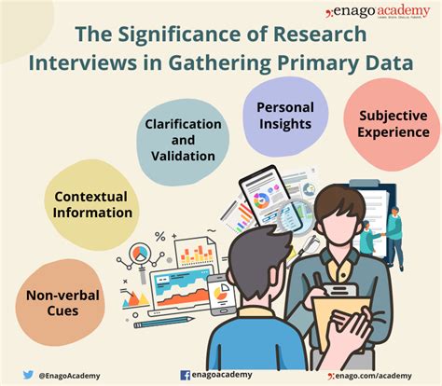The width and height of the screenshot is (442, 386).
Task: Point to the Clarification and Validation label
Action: pos(183,141)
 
